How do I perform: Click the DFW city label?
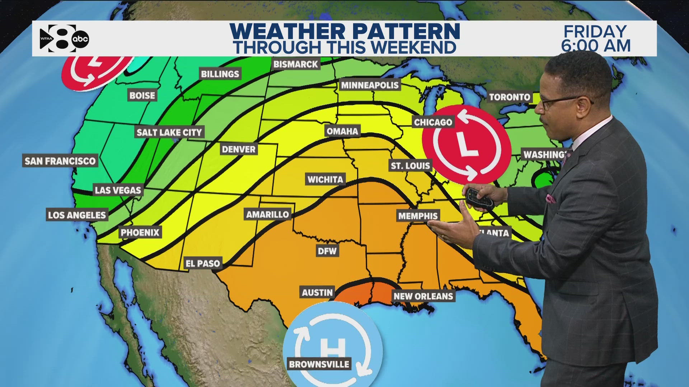(327, 250)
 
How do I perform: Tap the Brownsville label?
(319, 364)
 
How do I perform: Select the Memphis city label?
(418, 216)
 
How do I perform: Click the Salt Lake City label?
(169, 132)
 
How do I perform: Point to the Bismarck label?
(296, 64)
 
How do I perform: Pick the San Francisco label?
(60, 161)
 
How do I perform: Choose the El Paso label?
(203, 263)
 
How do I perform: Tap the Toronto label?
(510, 97)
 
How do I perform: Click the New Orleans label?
(423, 296)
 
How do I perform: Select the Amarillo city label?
(267, 214)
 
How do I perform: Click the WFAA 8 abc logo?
(64, 38)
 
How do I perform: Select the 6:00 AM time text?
(596, 46)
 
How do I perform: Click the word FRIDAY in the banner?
(595, 32)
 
